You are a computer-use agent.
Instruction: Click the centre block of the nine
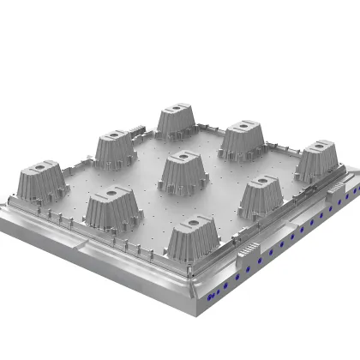tap(183, 171)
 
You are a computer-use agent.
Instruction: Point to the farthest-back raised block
tap(178, 120)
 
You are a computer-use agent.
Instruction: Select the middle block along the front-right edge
tap(260, 195)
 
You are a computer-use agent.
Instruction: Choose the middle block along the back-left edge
tap(114, 147)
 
